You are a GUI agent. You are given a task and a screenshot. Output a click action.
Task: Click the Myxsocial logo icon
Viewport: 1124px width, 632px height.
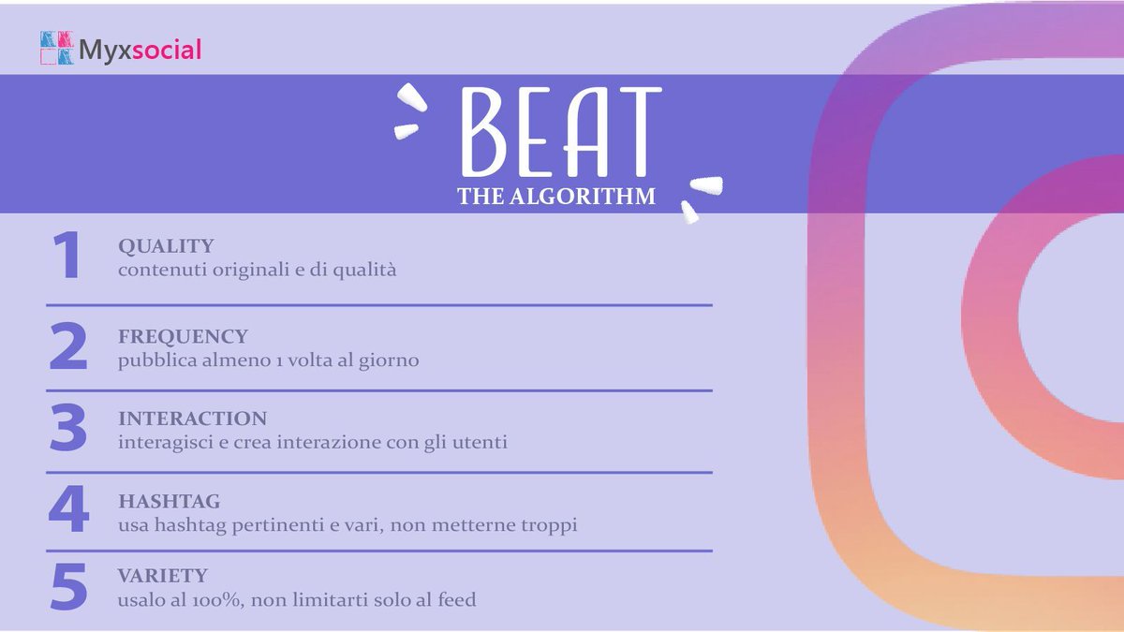click(57, 48)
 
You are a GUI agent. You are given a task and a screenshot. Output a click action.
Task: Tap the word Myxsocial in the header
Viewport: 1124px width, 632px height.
click(140, 50)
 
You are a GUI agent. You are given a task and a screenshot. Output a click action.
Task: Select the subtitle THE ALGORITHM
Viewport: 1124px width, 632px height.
click(556, 197)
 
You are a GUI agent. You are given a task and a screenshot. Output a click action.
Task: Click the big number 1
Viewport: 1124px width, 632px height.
click(67, 257)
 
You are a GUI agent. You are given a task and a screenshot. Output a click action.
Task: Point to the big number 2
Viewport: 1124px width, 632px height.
click(67, 345)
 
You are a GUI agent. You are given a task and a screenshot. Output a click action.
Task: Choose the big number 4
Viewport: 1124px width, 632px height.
click(67, 510)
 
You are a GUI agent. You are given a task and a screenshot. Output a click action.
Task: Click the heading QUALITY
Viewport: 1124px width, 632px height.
click(166, 246)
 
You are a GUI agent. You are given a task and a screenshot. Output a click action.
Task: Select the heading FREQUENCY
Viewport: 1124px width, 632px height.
click(183, 336)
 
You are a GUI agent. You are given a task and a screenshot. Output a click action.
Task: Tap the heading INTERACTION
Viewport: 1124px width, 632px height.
click(192, 419)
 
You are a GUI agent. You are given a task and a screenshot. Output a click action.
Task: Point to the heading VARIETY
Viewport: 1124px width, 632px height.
click(162, 575)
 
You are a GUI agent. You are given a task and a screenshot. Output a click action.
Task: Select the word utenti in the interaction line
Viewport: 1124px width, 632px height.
click(481, 443)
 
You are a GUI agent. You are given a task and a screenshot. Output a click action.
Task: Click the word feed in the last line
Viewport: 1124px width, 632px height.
click(457, 599)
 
